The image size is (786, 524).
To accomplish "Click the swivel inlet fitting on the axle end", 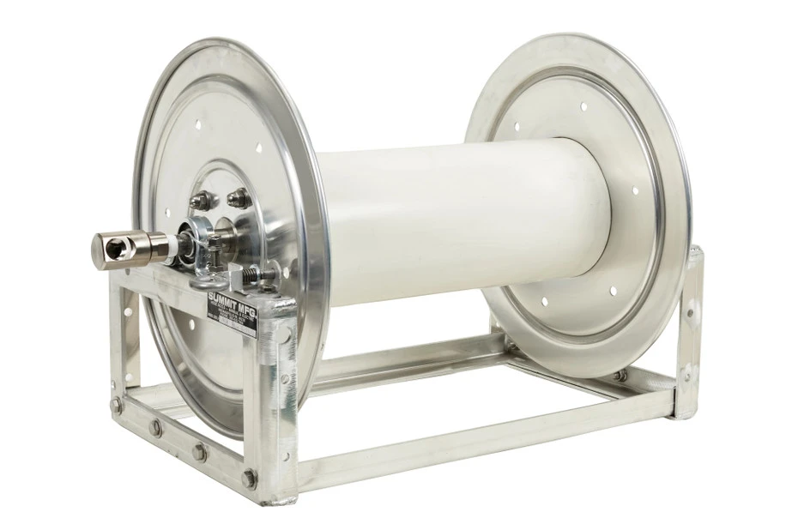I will click(x=117, y=246).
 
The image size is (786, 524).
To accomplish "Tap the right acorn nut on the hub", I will click(x=239, y=198).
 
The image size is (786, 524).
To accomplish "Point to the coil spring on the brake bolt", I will click(x=250, y=274).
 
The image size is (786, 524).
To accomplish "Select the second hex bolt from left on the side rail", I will click(x=156, y=427).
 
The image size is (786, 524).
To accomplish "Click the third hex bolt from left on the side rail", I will click(x=200, y=451).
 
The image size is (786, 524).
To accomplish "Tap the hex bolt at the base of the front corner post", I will click(x=248, y=478).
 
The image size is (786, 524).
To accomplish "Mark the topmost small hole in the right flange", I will click(x=584, y=106).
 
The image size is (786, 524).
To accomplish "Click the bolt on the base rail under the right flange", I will click(x=620, y=375).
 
